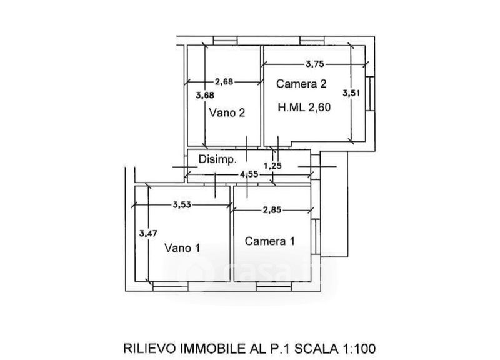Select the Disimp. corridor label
click(217, 159)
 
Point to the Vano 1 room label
click(182, 248)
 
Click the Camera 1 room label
click(269, 241)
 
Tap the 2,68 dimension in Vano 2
click(225, 81)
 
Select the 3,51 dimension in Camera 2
click(351, 92)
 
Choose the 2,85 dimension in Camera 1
click(271, 211)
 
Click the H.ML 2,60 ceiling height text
click(304, 107)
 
